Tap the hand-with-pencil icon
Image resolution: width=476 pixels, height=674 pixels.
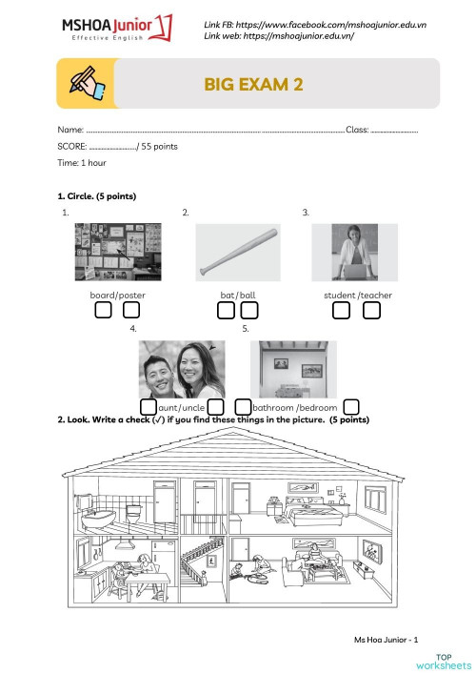coord(85,83)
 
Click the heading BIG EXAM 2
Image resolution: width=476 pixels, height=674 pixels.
coord(253,85)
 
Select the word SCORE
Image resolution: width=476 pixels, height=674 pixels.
coord(70,147)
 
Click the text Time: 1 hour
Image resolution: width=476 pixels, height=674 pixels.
coord(81,164)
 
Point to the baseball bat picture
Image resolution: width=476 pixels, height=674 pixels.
coord(238,252)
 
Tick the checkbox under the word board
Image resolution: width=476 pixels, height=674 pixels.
coord(103,311)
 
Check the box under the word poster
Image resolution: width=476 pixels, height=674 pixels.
coord(131,311)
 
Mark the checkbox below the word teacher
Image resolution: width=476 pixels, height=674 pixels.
coord(371,311)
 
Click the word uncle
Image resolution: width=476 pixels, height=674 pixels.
coord(193,408)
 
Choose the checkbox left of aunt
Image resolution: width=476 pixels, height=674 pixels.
coord(149,408)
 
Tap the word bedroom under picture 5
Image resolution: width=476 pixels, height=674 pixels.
coord(317,408)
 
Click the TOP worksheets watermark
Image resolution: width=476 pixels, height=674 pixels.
coord(452,661)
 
